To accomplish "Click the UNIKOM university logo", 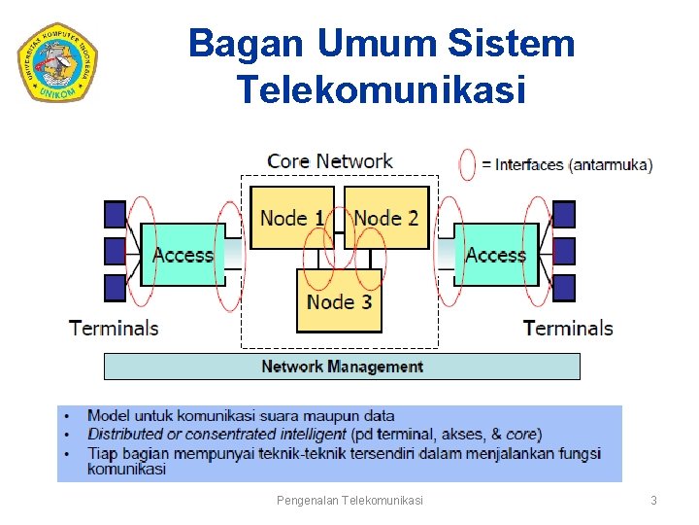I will coord(58,61).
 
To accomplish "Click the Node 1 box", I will coord(291,217).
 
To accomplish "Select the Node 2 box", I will coord(386,217).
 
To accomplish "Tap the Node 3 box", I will coord(339,301).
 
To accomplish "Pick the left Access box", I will coord(183,255).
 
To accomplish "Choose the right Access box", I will coord(495,255).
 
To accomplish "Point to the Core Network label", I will coord(329,161).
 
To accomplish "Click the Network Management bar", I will coord(342,367).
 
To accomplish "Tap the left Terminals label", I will coord(114,328).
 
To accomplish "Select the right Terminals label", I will coord(568,328).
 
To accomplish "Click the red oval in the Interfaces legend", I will coord(468,164).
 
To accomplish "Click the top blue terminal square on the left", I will coord(115,214).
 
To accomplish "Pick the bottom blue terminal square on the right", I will coord(563,289).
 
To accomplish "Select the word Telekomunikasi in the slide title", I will coord(381,90).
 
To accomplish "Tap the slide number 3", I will coord(653,501).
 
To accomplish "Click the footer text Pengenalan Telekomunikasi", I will coord(349,501).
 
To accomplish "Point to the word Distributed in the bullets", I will coord(125,435).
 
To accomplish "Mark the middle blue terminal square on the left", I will coord(115,251).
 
